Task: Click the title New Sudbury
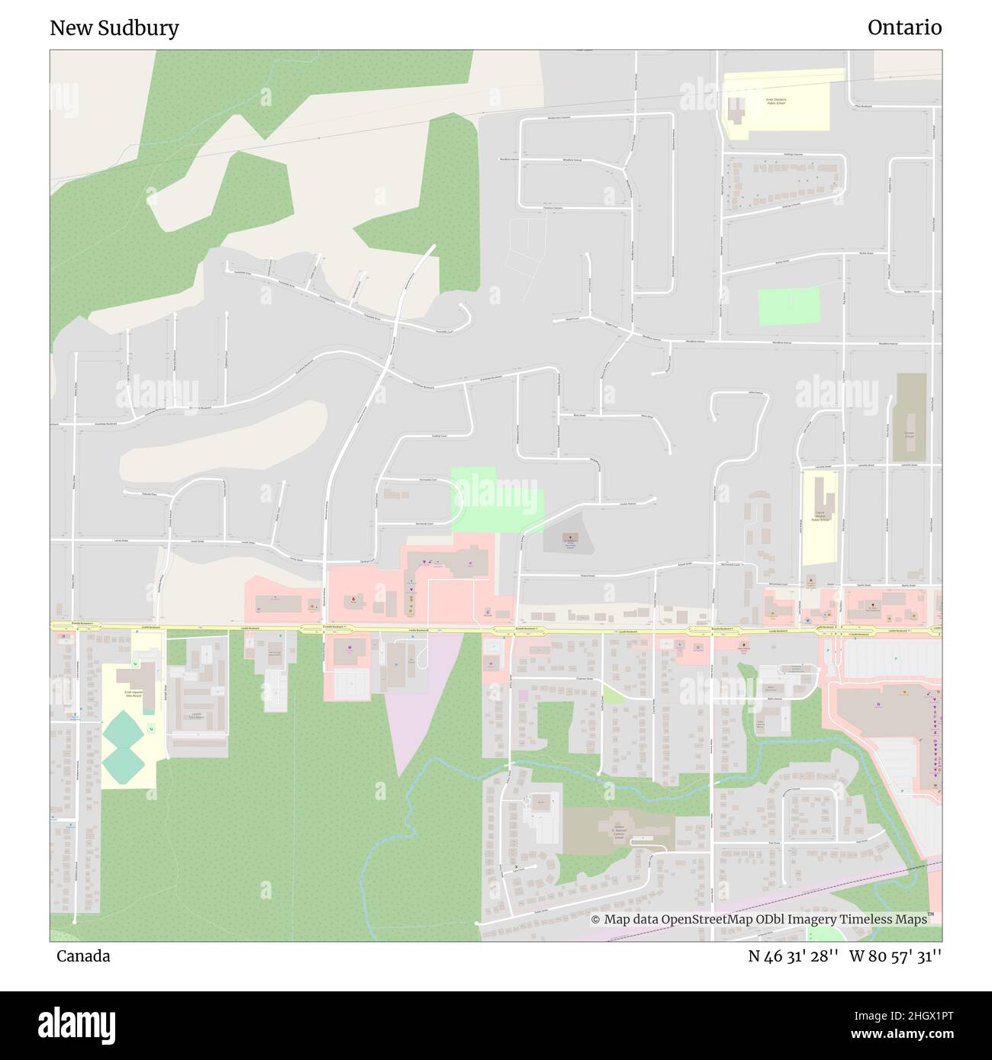click(x=114, y=28)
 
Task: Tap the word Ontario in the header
click(x=904, y=28)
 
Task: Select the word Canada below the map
click(x=83, y=956)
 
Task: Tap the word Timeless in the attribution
click(x=868, y=920)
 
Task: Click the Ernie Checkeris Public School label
click(x=775, y=101)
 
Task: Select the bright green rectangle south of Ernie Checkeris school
click(x=789, y=307)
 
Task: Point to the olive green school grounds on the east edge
click(x=910, y=417)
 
